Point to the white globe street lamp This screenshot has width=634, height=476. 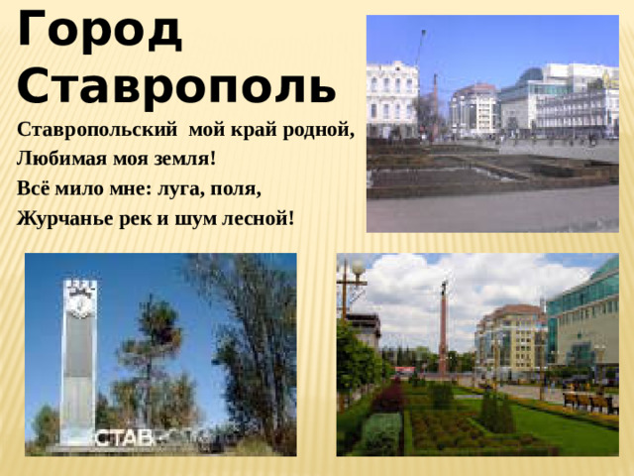coord(357,268)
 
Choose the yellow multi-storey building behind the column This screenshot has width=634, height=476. coord(508,337)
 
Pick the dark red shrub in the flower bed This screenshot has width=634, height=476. coord(388,399)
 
